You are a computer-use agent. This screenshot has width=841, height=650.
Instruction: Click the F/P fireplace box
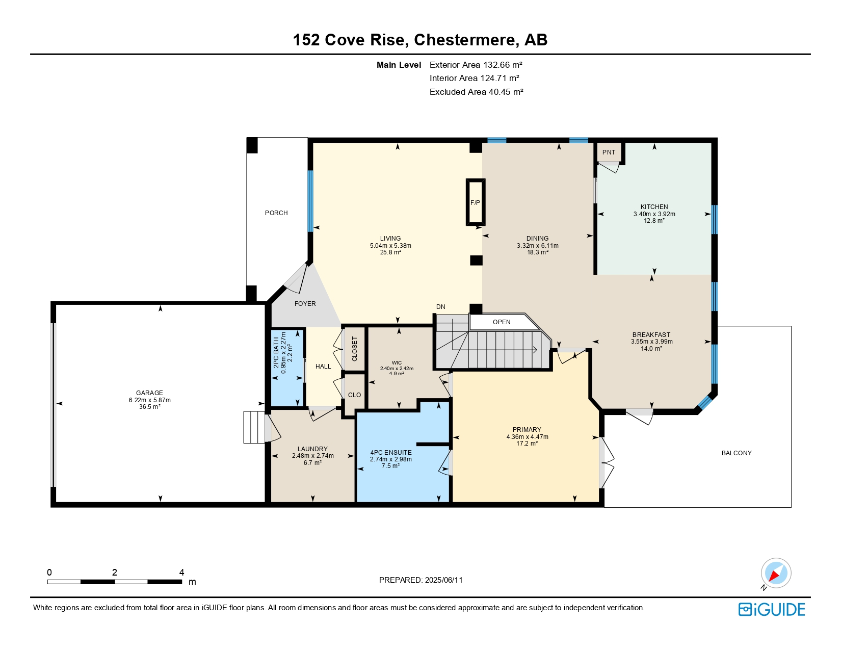(475, 202)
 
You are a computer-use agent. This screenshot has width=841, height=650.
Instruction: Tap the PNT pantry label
(609, 152)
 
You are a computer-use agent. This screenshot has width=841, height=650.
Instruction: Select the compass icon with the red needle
(776, 574)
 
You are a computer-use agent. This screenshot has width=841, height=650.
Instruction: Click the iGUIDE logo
(771, 609)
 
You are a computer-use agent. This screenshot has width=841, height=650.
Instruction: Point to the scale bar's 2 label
(115, 572)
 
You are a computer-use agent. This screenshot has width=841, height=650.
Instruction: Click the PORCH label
(276, 213)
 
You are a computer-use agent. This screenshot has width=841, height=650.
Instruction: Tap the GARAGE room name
(149, 393)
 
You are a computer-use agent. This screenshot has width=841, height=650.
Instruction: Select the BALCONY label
(736, 453)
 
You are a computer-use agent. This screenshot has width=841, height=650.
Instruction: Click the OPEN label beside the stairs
(501, 322)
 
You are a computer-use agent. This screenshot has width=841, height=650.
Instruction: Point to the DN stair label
(440, 306)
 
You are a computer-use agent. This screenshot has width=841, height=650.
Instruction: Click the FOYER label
(305, 303)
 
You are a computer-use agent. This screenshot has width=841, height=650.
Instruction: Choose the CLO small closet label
(354, 395)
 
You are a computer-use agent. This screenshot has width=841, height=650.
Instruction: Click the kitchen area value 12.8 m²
(654, 221)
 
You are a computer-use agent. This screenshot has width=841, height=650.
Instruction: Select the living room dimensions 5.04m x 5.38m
(390, 245)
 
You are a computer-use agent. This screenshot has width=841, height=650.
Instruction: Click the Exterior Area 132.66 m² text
(476, 65)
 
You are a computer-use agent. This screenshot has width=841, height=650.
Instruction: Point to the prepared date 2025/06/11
(443, 580)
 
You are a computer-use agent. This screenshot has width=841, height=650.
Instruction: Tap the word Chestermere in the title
(464, 39)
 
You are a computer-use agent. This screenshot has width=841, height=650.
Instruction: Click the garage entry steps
(254, 427)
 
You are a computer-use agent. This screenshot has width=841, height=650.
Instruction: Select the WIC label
(397, 363)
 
